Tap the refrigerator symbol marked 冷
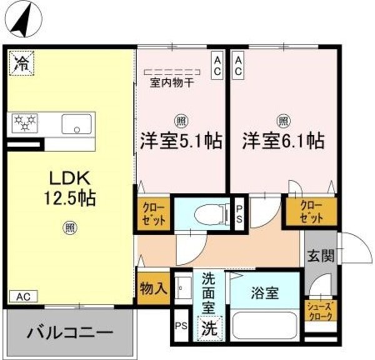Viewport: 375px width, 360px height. click(22, 62)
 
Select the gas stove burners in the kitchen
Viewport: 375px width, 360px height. click(23, 122)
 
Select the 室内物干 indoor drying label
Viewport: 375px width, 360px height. click(171, 82)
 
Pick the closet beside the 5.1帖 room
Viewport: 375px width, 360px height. click(152, 214)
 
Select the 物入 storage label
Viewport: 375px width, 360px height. click(152, 288)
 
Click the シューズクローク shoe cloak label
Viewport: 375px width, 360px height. click(320, 311)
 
